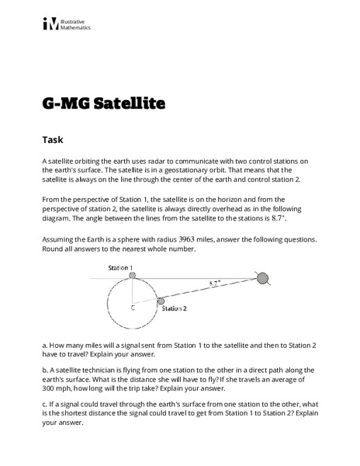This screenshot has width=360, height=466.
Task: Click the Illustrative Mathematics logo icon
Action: (x=50, y=24)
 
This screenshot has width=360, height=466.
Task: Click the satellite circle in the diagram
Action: (x=262, y=278)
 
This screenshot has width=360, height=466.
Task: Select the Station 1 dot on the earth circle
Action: (x=133, y=277)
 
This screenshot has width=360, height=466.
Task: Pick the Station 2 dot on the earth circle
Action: (x=161, y=301)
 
